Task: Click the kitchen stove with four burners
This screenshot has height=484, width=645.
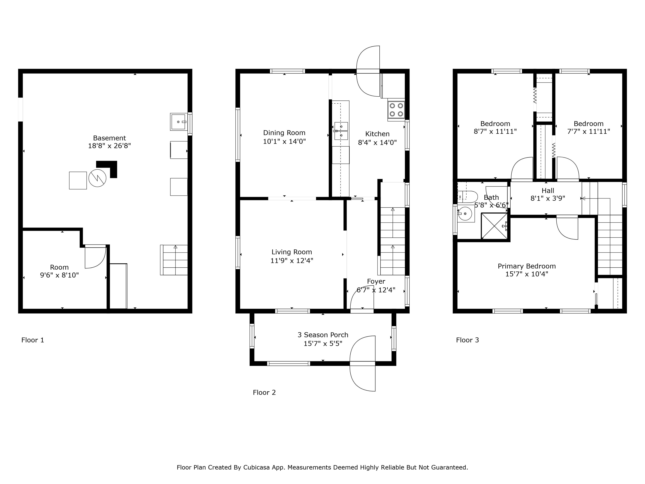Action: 396,110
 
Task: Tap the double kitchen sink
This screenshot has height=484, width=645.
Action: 341,131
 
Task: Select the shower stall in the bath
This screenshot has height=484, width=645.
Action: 494,226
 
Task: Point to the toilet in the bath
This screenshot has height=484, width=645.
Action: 467,197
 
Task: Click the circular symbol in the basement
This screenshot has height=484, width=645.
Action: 97,178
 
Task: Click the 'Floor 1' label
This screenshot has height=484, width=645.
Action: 33,340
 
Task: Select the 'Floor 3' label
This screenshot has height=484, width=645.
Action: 467,340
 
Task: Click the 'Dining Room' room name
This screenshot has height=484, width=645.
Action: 284,133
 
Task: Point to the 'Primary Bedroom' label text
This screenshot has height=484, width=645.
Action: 527,266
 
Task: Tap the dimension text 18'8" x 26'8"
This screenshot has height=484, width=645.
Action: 110,146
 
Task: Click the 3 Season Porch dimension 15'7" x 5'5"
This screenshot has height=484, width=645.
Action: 323,343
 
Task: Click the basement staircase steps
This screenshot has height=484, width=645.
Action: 174,260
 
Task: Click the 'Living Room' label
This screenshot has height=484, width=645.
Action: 292,252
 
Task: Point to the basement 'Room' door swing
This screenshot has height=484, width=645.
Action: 95,257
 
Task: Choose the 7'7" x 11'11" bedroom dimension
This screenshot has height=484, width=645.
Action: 589,131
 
